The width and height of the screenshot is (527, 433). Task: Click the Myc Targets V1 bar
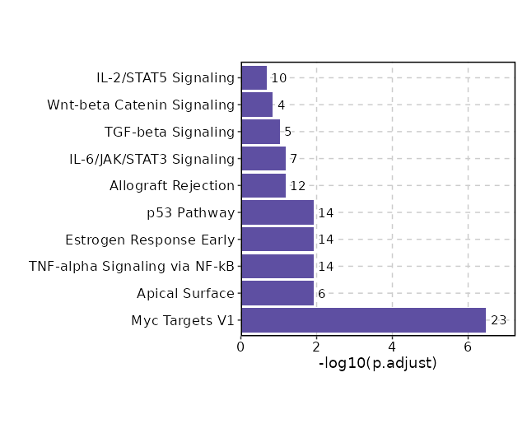click(363, 320)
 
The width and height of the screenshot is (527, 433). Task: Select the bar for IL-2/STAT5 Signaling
click(254, 78)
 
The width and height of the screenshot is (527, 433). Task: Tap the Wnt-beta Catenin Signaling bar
click(257, 105)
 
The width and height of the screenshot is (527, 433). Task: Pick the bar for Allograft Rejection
click(263, 186)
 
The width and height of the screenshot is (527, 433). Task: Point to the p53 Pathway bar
click(277, 212)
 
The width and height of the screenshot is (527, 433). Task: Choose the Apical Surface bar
click(277, 293)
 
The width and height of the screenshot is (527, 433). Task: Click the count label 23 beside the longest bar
click(498, 320)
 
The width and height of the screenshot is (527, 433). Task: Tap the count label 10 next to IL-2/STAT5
click(279, 78)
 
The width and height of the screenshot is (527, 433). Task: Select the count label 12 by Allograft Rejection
click(297, 186)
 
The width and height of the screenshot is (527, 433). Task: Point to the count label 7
click(293, 159)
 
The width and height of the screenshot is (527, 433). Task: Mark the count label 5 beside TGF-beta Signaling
click(288, 132)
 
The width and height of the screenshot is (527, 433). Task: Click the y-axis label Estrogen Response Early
click(150, 240)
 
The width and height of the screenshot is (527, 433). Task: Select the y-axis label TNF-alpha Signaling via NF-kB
click(132, 267)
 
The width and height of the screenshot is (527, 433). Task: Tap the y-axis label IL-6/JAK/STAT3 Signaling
click(152, 159)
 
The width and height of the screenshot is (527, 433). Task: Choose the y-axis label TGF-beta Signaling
click(170, 132)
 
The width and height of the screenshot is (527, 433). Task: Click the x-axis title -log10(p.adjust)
click(377, 363)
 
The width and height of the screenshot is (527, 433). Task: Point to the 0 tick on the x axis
click(241, 347)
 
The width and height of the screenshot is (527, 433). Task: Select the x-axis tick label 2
click(317, 347)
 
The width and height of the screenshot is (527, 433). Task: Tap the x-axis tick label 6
click(468, 347)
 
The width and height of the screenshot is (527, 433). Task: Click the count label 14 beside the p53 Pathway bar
click(326, 212)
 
